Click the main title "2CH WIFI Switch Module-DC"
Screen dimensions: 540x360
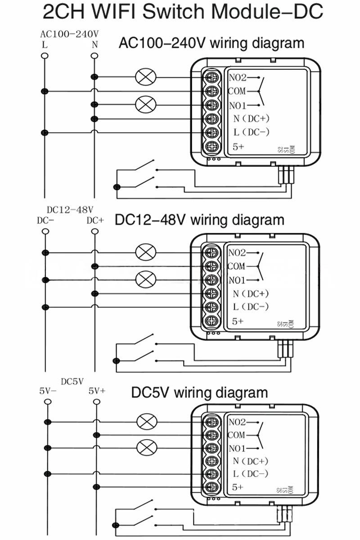183,12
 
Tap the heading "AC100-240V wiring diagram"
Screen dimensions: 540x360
211,44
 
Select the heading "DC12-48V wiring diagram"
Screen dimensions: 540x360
200,220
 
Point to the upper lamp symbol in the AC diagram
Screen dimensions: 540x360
145,77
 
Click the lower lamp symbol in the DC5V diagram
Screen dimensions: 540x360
145,448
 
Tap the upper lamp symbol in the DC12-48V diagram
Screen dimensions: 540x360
145,252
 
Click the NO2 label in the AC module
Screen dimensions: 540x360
238,77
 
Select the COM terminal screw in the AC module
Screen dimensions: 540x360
211,91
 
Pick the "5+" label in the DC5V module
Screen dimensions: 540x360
238,487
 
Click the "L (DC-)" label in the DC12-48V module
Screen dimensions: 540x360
251,307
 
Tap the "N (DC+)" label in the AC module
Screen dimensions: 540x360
251,119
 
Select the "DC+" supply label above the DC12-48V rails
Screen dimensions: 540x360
95,220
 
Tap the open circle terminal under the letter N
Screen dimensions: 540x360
94,56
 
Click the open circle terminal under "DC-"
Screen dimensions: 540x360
45,232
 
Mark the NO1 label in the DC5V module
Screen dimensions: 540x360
237,449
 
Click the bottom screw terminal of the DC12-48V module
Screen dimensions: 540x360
211,321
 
